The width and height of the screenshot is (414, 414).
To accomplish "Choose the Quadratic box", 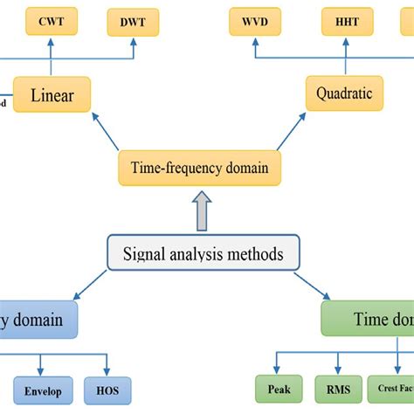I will pyautogui.click(x=344, y=93).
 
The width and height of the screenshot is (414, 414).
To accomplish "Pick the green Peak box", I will pyautogui.click(x=279, y=390).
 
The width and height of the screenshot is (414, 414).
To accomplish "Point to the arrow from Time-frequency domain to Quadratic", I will pyautogui.click(x=293, y=132).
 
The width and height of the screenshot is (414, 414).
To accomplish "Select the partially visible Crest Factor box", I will pyautogui.click(x=394, y=390).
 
